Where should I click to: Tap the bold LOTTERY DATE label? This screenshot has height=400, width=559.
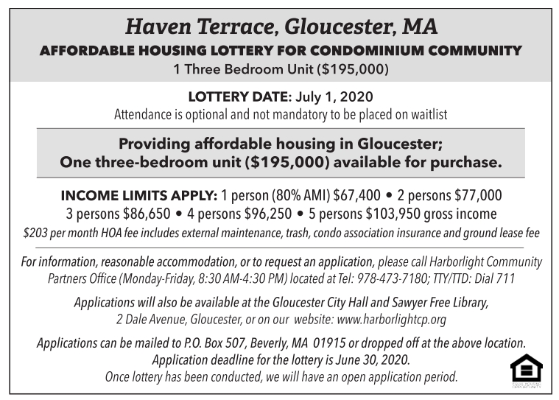point(239,97)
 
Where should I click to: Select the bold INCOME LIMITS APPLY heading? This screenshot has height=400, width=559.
point(138,196)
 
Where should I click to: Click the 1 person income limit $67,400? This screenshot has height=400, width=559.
point(357,196)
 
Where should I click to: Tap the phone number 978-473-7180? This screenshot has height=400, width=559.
point(422,279)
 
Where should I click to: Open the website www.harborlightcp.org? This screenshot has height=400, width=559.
point(390,320)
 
